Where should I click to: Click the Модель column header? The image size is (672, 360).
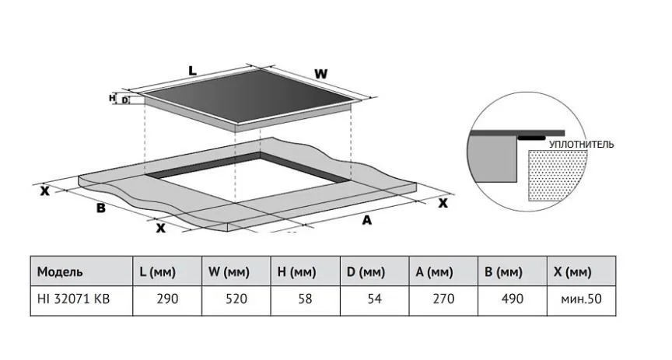coord(60,272)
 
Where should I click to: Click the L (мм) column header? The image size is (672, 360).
coord(158,272)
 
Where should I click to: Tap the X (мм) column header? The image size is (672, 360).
coord(574,272)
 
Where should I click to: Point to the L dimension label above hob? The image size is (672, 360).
coord(191,71)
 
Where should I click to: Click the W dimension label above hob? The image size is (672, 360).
coord(320,74)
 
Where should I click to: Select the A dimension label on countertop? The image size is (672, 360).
coord(366,221)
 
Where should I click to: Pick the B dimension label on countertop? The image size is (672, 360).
coord(100,208)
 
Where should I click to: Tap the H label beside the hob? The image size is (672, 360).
coord(113,98)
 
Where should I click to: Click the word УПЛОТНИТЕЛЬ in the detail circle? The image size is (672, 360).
coord(582,145)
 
